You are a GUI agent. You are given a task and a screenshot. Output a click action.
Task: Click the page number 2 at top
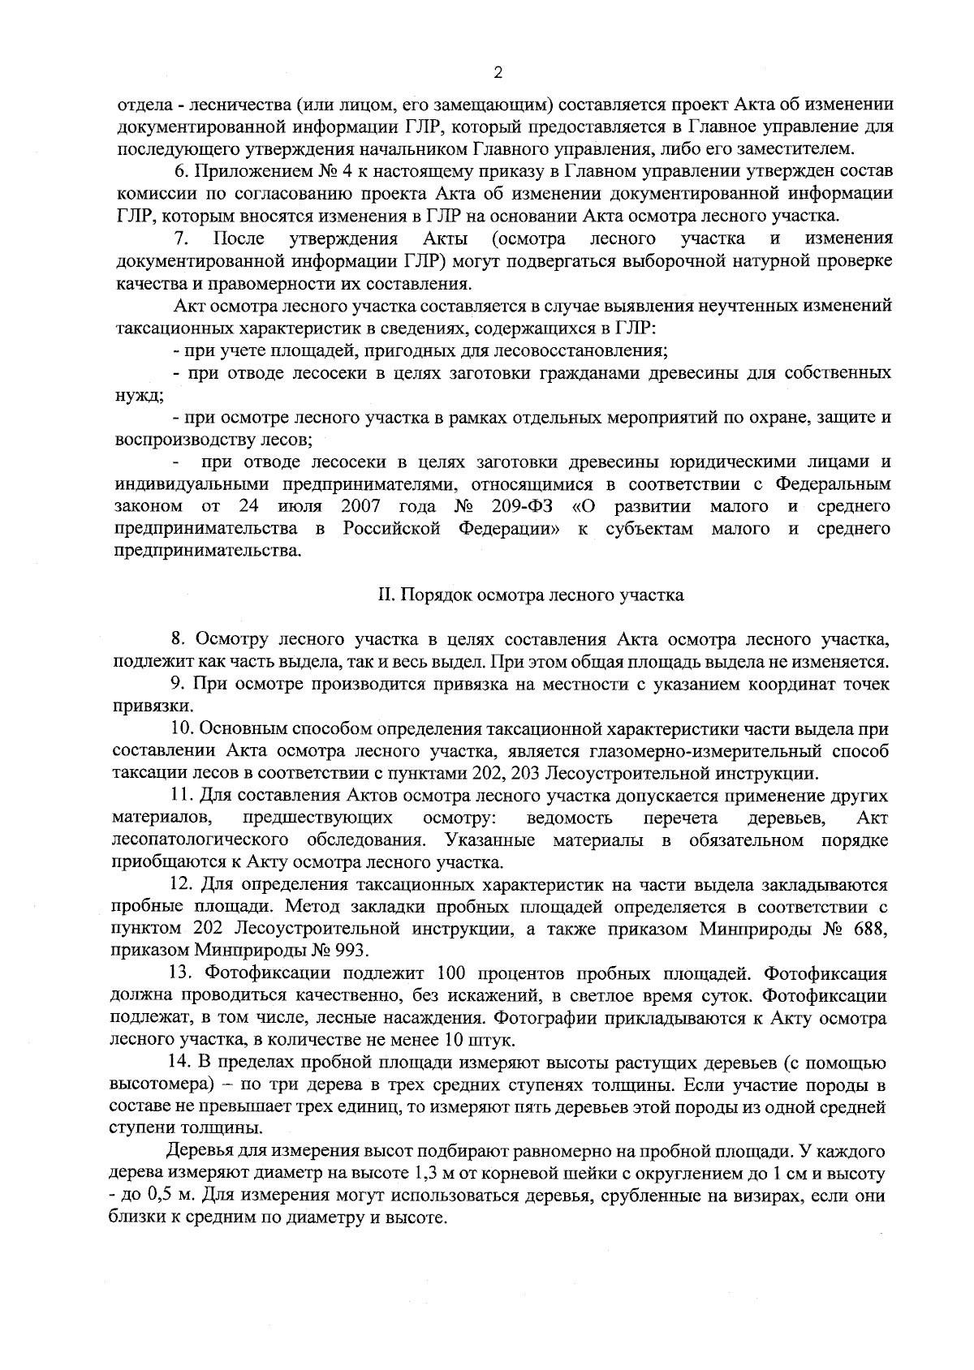click(x=498, y=73)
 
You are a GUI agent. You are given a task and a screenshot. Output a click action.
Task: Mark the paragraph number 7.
click(x=182, y=238)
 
